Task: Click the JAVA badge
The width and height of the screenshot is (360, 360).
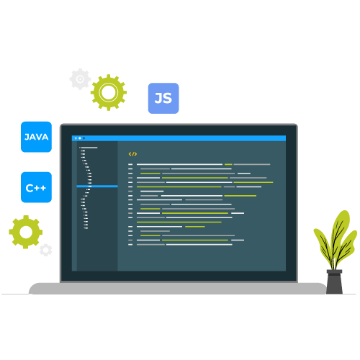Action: coord(36,137)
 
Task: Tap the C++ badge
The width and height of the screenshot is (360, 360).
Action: coord(36,187)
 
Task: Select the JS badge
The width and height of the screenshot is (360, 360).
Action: coord(163,98)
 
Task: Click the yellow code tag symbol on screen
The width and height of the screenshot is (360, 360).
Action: coord(132,154)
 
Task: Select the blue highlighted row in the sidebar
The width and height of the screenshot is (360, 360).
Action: coord(97,186)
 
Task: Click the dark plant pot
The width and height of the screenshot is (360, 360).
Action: coord(334,282)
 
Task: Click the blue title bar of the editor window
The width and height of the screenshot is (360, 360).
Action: coord(179,138)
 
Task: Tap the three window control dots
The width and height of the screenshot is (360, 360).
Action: coord(80,138)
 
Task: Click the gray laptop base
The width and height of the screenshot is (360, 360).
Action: coord(178,288)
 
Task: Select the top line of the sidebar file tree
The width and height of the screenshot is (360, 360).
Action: coord(89,148)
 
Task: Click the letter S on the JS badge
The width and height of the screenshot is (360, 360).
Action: coord(168,98)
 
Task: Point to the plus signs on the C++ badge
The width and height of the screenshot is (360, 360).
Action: coord(40,188)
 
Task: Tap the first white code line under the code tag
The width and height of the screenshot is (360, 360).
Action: coord(179,164)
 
